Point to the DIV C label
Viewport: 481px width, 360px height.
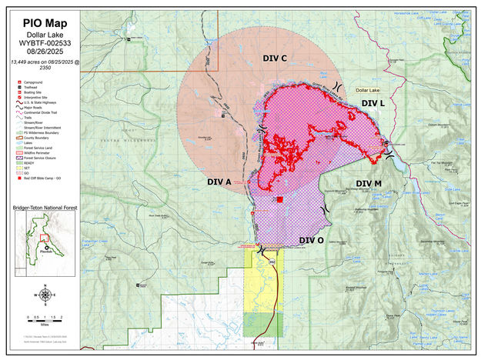[275, 58]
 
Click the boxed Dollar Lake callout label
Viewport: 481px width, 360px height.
[369, 90]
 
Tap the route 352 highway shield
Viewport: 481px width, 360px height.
[272, 262]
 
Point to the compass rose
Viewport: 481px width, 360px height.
[45, 295]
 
